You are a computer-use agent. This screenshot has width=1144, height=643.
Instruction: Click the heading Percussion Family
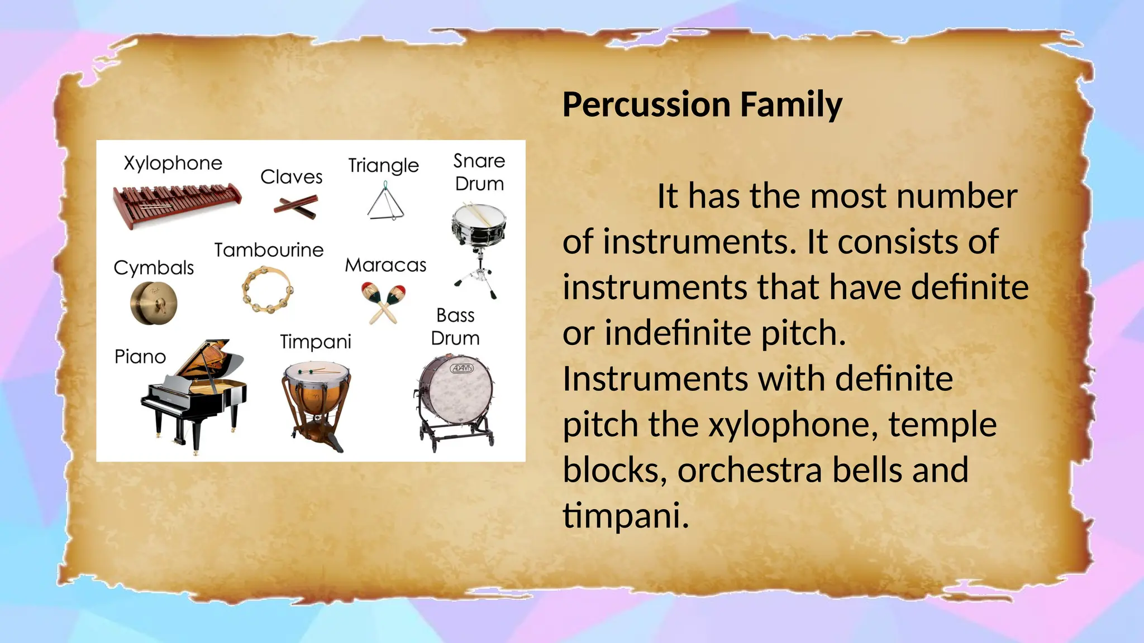click(702, 105)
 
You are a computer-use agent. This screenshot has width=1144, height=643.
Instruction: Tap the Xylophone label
click(173, 164)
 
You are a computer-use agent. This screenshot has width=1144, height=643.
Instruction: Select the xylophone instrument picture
click(176, 204)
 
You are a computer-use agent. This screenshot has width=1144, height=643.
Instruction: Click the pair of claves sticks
click(296, 207)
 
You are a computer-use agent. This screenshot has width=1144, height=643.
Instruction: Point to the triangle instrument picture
click(385, 204)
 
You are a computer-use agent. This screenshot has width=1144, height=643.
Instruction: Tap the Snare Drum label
click(479, 172)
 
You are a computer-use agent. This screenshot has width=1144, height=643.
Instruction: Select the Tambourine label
click(269, 250)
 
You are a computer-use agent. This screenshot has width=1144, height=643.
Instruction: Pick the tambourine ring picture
click(268, 289)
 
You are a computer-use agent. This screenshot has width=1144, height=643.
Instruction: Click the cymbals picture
click(154, 303)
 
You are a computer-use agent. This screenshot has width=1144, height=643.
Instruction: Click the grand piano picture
click(196, 391)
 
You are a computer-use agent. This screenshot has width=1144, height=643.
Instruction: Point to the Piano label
click(140, 357)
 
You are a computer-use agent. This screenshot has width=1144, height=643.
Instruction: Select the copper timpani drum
click(316, 399)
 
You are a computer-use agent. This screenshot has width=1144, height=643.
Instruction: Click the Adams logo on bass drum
click(461, 368)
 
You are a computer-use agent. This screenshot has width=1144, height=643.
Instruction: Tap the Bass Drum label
click(455, 327)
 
